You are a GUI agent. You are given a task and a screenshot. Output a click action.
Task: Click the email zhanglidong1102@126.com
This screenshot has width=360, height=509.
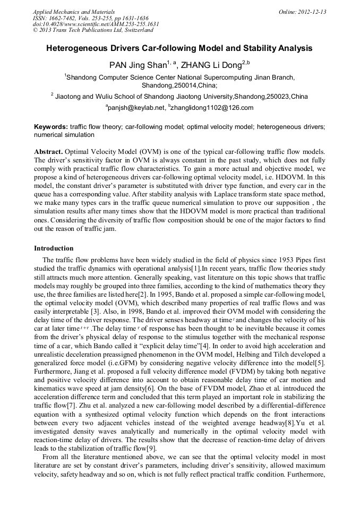click(x=212, y=107)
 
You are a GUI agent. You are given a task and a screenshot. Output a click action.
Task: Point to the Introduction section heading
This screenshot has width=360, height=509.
click(x=54, y=248)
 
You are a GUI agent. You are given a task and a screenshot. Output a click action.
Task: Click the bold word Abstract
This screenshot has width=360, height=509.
click(x=48, y=151)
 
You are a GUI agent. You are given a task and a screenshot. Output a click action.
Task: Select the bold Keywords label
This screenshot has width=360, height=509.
click(x=50, y=127)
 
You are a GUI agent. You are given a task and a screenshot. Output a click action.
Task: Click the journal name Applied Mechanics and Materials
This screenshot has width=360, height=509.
click(x=73, y=12)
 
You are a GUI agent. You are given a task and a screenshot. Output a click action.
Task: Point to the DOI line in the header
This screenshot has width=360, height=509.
click(x=96, y=24)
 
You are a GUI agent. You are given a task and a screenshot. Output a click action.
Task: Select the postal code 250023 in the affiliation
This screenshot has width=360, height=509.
click(x=278, y=97)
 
